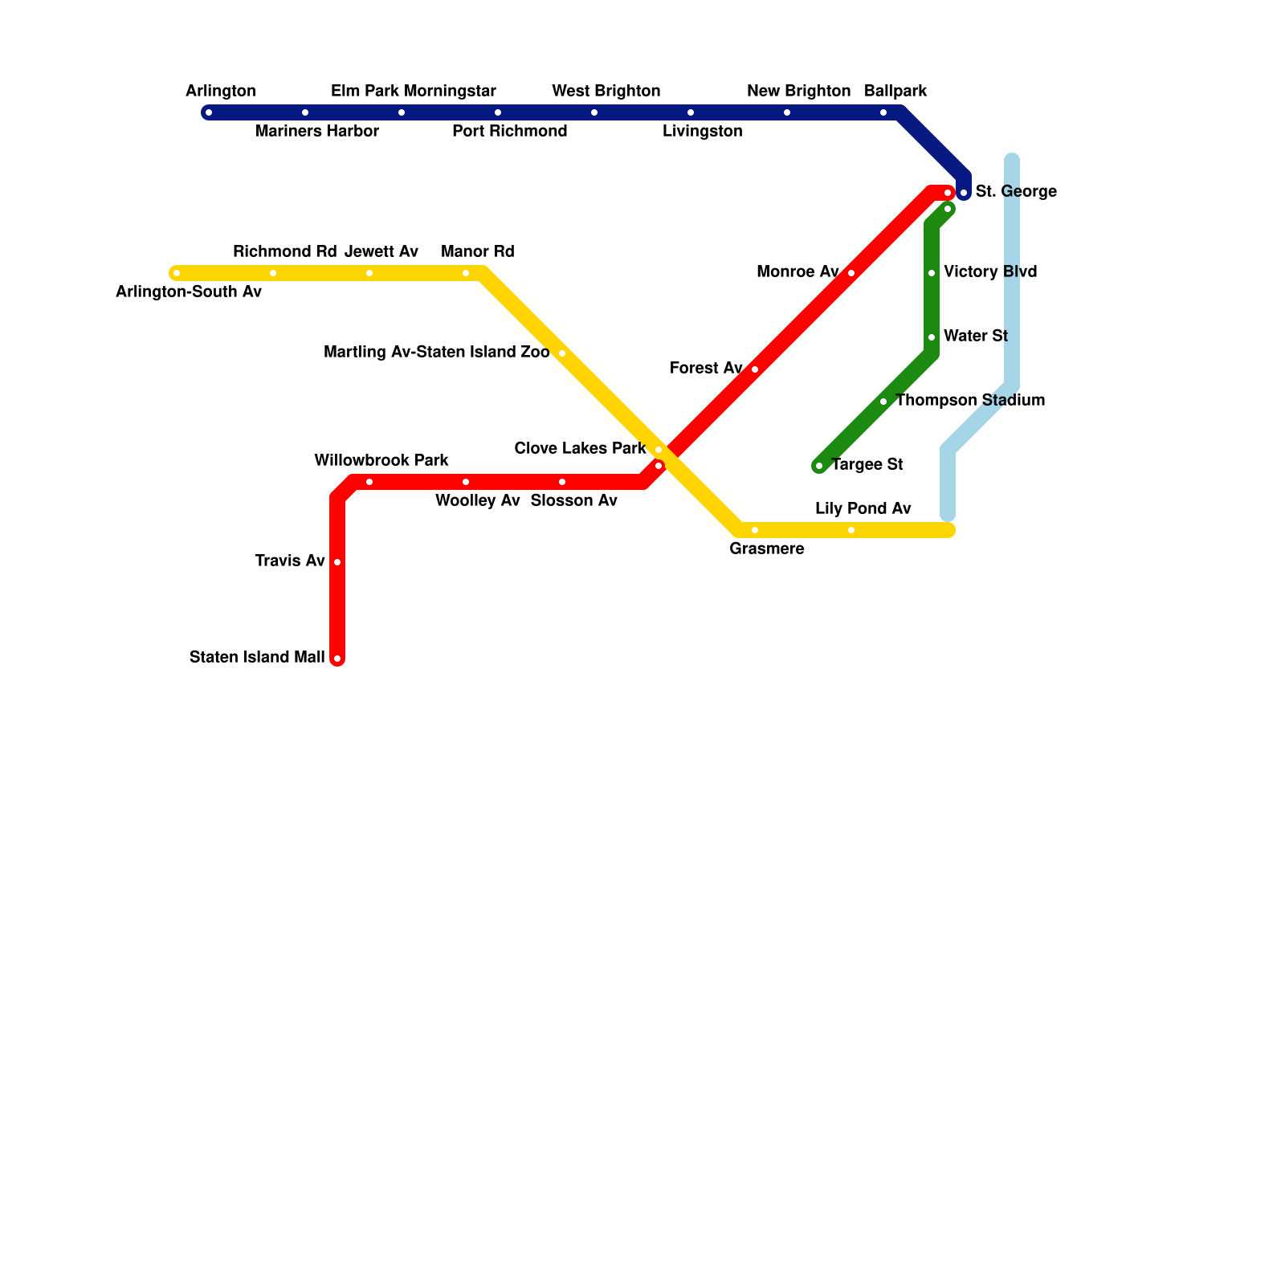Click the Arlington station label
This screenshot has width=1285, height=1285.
click(221, 92)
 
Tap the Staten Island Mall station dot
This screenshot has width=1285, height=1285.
click(337, 659)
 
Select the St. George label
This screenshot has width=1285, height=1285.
click(1016, 192)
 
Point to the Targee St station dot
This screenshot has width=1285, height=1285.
click(819, 466)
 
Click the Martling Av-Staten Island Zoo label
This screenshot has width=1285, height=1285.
click(436, 353)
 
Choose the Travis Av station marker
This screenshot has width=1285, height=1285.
click(337, 562)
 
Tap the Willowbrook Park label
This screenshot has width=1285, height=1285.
click(381, 461)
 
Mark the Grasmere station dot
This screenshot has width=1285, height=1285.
click(755, 530)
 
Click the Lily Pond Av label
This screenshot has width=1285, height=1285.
click(863, 509)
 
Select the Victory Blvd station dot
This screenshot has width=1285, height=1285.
click(932, 273)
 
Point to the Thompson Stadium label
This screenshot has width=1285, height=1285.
click(970, 401)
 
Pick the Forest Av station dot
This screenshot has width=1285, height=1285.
click(755, 369)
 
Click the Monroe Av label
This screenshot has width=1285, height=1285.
click(798, 272)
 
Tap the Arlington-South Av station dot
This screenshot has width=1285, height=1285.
click(177, 273)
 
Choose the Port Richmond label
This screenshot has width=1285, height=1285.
click(510, 132)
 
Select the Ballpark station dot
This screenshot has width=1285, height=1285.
click(883, 112)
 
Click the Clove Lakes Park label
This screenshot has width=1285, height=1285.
click(580, 449)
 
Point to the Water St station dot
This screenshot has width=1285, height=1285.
click(932, 337)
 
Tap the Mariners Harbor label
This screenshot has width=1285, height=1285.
click(317, 132)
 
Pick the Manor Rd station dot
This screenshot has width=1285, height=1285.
click(466, 273)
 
